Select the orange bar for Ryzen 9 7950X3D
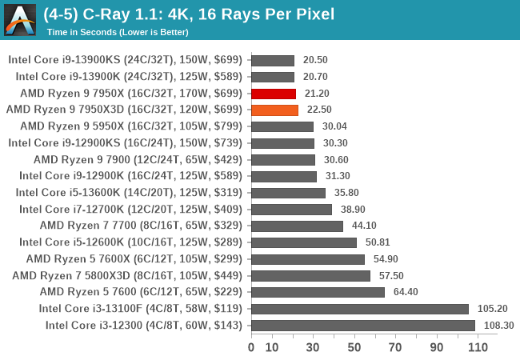coord(274,110)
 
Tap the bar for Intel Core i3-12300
coord(363,325)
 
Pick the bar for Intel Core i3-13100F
coord(360,308)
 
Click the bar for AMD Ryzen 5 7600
coord(318,292)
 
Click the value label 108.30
coord(498,325)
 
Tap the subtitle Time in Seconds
coord(118,32)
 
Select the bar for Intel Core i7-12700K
coord(291,209)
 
